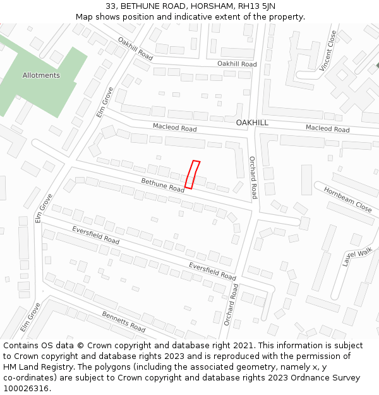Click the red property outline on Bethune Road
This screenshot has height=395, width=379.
pyautogui.click(x=192, y=174)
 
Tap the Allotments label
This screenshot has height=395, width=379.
pyautogui.click(x=41, y=75)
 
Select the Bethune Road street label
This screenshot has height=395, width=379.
pyautogui.click(x=163, y=185)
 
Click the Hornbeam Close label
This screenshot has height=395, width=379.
pyautogui.click(x=347, y=198)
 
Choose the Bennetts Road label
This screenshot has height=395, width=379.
pyautogui.click(x=124, y=321)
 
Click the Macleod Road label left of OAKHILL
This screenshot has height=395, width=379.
pyautogui.click(x=175, y=128)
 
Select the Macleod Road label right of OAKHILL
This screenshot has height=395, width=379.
pyautogui.click(x=327, y=128)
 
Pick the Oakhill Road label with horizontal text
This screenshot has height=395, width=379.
pyautogui.click(x=237, y=64)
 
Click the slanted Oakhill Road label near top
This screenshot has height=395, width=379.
pyautogui.click(x=135, y=49)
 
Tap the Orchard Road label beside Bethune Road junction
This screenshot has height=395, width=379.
pyautogui.click(x=253, y=178)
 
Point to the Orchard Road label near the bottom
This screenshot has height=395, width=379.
pyautogui.click(x=231, y=304)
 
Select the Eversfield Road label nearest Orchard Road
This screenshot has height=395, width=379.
pyautogui.click(x=212, y=271)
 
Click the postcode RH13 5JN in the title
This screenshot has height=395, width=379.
pyautogui.click(x=255, y=6)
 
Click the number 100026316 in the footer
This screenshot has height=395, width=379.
pyautogui.click(x=26, y=389)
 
